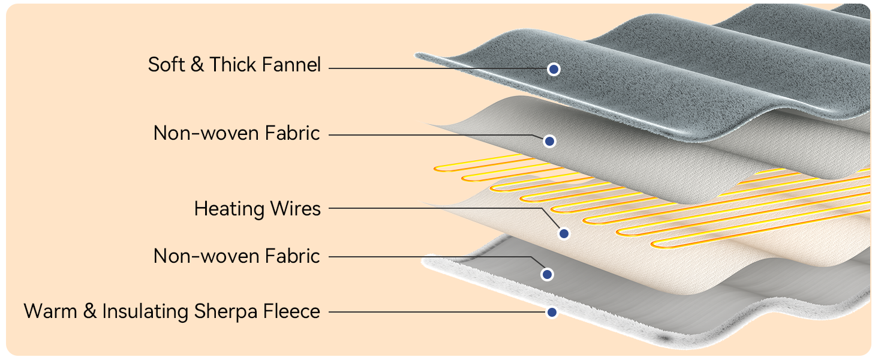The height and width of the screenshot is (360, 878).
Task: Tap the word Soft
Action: tap(166, 65)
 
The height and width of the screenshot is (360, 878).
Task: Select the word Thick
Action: tap(231, 65)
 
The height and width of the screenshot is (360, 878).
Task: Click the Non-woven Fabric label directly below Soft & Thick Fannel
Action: tap(237, 133)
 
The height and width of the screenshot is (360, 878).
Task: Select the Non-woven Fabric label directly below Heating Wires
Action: tap(237, 256)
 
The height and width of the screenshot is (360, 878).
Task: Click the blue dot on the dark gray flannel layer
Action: tap(554, 69)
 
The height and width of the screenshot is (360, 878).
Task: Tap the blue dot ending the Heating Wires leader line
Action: tap(563, 233)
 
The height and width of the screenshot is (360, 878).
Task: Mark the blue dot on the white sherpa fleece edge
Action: tap(552, 312)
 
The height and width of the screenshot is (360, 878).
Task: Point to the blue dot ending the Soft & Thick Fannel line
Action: tap(554, 69)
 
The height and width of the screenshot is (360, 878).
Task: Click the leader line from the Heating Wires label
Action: tap(432, 209)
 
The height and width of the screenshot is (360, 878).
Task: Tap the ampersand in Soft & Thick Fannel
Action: tap(197, 65)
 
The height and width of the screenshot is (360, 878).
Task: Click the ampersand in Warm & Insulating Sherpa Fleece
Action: tap(86, 312)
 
